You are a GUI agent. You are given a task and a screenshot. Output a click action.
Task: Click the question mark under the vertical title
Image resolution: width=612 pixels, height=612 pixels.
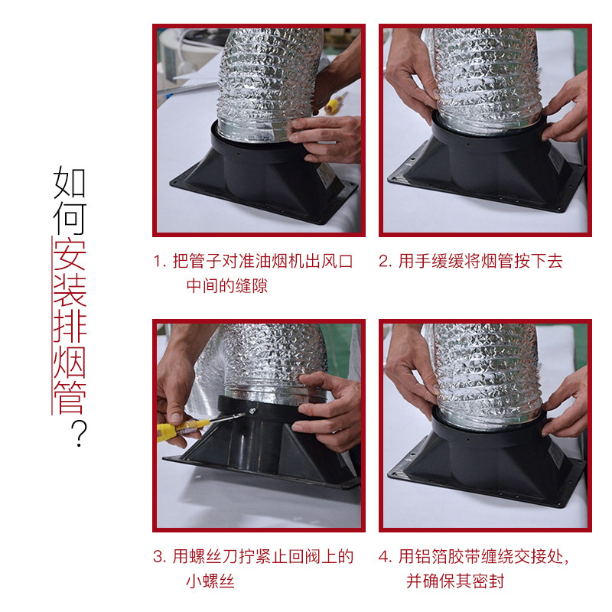pyautogui.click(x=80, y=433)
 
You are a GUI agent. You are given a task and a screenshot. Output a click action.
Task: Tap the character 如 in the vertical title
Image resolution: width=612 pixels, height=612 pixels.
pyautogui.click(x=70, y=182)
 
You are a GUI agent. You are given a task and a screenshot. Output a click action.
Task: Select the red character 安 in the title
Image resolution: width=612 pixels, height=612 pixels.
pyautogui.click(x=70, y=255)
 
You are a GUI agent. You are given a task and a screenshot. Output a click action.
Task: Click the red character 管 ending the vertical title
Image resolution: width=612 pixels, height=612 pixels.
pyautogui.click(x=70, y=398)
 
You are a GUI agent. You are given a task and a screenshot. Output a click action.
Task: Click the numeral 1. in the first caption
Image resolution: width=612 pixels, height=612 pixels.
pyautogui.click(x=160, y=261)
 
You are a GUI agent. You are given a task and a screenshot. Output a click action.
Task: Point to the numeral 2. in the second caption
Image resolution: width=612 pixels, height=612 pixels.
pyautogui.click(x=386, y=261)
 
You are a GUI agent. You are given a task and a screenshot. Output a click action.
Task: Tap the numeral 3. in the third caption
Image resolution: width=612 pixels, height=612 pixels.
pyautogui.click(x=160, y=557)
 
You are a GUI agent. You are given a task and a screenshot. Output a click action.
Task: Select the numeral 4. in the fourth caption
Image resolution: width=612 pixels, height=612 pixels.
pyautogui.click(x=386, y=557)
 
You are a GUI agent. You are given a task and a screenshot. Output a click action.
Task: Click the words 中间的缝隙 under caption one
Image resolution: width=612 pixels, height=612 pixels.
pyautogui.click(x=227, y=285)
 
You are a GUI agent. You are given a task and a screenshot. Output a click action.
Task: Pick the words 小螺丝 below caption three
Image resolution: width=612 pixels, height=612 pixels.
pyautogui.click(x=210, y=581)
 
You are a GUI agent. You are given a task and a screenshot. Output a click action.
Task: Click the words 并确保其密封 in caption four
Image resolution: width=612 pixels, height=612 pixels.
pyautogui.click(x=455, y=581)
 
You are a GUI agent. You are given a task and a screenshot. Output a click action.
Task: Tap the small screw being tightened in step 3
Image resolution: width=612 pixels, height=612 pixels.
pyautogui.click(x=252, y=410)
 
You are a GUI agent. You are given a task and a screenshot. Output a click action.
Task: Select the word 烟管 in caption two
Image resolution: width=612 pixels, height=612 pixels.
pyautogui.click(x=496, y=261)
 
